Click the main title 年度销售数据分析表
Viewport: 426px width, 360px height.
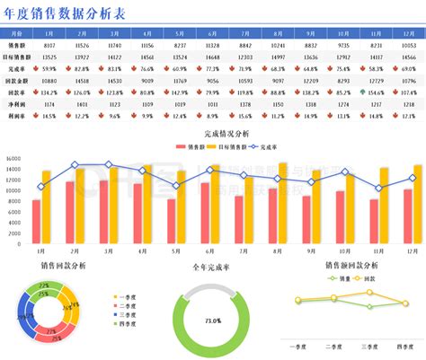(63, 13)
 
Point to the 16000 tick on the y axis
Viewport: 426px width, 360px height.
(13, 159)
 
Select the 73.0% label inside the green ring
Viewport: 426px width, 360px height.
(213, 320)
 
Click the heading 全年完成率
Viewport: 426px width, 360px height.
(212, 268)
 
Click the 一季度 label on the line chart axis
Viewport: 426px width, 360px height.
(298, 346)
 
